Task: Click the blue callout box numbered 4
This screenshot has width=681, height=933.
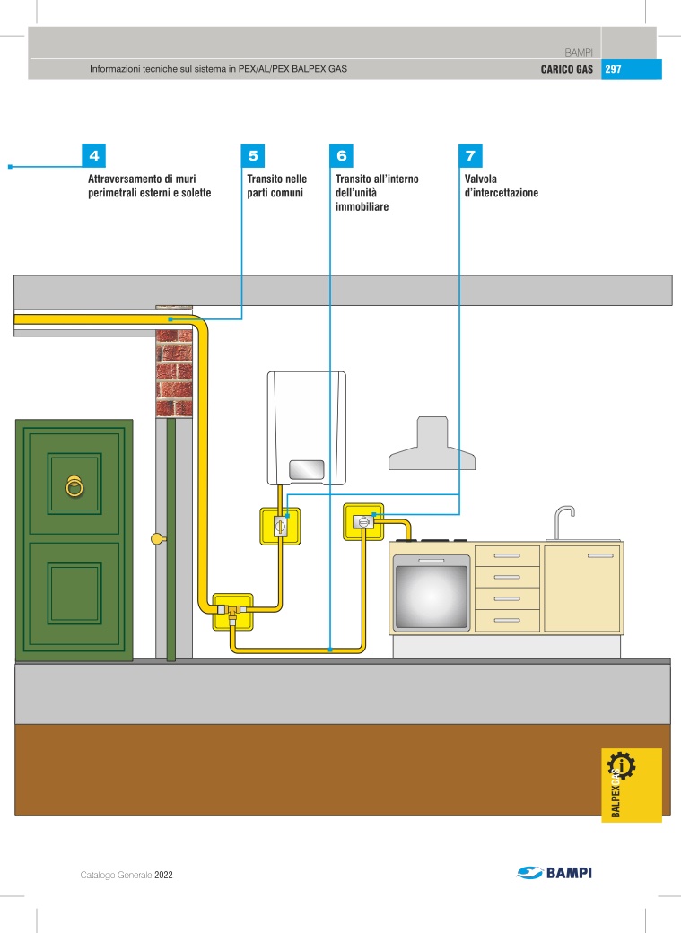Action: [x=93, y=156]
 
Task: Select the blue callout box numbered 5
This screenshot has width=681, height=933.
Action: [x=252, y=156]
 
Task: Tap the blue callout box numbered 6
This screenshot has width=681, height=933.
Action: [x=341, y=156]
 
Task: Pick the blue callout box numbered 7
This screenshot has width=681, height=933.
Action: [x=470, y=156]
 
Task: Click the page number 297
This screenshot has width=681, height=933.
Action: [x=613, y=69]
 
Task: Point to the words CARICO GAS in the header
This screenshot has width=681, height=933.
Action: [x=567, y=69]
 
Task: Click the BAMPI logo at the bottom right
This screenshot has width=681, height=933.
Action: [x=554, y=873]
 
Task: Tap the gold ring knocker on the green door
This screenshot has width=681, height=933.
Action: [x=74, y=486]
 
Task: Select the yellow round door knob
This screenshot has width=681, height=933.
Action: [x=157, y=539]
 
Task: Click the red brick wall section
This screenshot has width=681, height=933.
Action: [x=174, y=373]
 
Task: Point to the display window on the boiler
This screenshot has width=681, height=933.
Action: [x=307, y=469]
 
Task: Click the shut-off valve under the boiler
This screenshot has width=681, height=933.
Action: [x=280, y=526]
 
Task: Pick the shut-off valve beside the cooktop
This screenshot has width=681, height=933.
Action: [x=363, y=522]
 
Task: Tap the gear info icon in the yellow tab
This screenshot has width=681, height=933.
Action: [x=621, y=766]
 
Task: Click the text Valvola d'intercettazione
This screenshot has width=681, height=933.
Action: [x=502, y=186]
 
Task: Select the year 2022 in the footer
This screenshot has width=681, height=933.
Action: [x=163, y=875]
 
